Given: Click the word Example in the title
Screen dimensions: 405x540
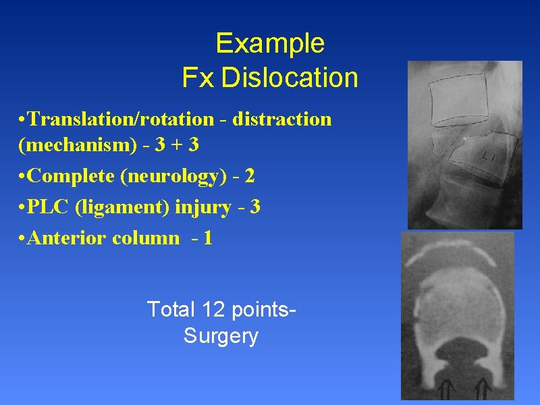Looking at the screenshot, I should point(270,45).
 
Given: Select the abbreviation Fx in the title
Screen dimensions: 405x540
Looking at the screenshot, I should point(198,78).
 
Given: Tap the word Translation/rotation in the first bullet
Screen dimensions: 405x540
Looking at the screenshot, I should point(122,119).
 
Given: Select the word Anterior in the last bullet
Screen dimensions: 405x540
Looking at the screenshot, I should point(67,238).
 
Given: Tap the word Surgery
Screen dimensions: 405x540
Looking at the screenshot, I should point(221,336).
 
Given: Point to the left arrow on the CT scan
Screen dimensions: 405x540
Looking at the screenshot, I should point(445,389).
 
